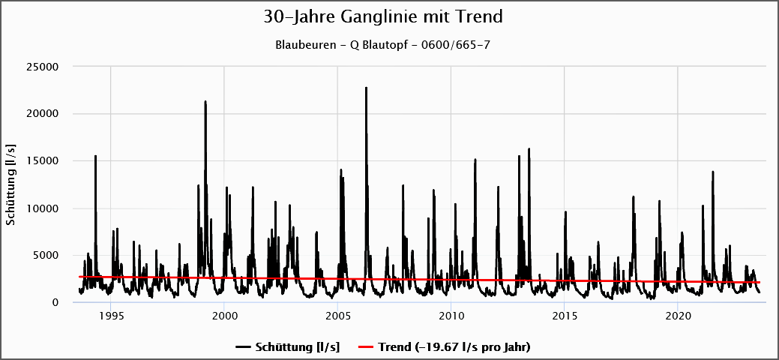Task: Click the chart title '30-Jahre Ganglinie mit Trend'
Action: click(383, 16)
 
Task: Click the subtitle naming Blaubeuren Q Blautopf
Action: click(383, 44)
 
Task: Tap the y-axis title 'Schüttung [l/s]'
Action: click(10, 184)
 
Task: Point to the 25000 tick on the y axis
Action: click(43, 67)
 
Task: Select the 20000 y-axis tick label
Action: click(43, 114)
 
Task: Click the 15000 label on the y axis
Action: click(43, 161)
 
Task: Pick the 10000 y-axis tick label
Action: click(43, 208)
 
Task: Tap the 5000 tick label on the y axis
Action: click(46, 256)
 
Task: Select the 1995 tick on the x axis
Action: click(111, 316)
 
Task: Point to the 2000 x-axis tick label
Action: click(224, 316)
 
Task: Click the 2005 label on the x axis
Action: click(337, 316)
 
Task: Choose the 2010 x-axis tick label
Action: click(451, 316)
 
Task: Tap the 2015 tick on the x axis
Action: click(564, 316)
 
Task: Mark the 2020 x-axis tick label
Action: click(678, 316)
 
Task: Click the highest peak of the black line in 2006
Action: click(366, 88)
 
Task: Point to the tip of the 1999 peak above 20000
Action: click(205, 101)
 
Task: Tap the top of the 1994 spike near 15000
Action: click(95, 156)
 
